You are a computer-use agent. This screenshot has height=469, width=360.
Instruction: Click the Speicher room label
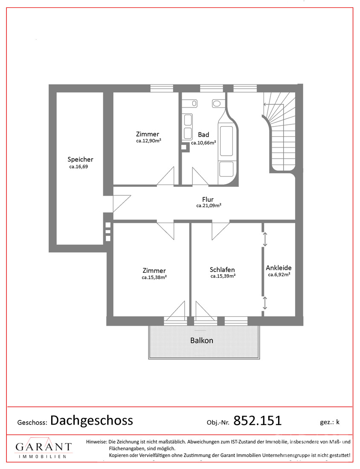pyautogui.click(x=80, y=159)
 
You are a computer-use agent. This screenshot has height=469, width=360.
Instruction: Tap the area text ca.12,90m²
pyautogui.click(x=148, y=141)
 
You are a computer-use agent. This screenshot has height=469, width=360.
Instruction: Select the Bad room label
pyautogui.click(x=203, y=135)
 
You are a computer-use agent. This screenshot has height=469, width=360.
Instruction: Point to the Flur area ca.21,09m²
pyautogui.click(x=209, y=206)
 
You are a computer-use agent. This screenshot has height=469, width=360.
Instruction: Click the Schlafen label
pyautogui.click(x=222, y=270)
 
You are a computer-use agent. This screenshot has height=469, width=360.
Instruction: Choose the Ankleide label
pyautogui.click(x=279, y=268)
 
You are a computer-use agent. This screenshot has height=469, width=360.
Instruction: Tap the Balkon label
pyautogui.click(x=202, y=340)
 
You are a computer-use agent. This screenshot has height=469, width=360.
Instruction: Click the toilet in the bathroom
pyautogui.click(x=217, y=104)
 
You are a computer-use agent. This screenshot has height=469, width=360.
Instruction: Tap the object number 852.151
pyautogui.click(x=257, y=420)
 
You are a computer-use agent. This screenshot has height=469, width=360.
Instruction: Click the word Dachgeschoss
pyautogui.click(x=92, y=420)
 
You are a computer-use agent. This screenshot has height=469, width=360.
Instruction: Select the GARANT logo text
pyautogui.click(x=44, y=447)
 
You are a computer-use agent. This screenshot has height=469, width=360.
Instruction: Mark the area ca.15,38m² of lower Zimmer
pyautogui.click(x=154, y=277)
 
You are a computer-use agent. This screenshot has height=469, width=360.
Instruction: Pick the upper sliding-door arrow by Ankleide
pyautogui.click(x=264, y=240)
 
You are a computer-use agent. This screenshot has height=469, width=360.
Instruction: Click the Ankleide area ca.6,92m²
pyautogui.click(x=279, y=275)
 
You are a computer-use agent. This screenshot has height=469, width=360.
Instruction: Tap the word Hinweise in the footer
pyautogui.click(x=96, y=441)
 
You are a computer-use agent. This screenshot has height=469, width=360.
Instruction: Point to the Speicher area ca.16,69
pyautogui.click(x=79, y=167)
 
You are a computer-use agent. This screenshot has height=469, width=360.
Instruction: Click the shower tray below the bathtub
pyautogui.click(x=226, y=169)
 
